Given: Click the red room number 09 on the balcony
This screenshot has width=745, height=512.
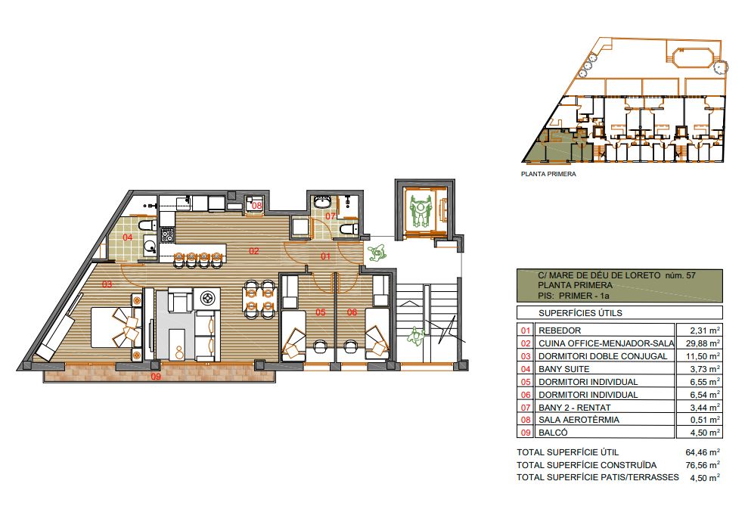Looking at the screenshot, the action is [x=156, y=377].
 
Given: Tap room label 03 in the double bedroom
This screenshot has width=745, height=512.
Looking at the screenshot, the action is [x=107, y=284].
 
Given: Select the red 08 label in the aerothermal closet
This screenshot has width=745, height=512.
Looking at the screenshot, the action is [x=256, y=206].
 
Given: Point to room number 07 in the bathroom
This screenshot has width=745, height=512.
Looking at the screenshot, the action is [x=331, y=216].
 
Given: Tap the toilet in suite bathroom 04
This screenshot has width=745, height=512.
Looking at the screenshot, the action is [x=147, y=225].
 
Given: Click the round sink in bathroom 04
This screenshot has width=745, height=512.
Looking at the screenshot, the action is [x=151, y=246].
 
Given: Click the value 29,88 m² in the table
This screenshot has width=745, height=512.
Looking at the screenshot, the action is [x=705, y=343].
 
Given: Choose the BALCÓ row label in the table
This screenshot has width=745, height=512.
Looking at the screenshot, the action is [x=553, y=433].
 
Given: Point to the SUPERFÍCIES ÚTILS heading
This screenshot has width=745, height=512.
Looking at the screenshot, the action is [x=580, y=313].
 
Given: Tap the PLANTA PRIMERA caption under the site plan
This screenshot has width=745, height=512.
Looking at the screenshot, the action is [x=548, y=174].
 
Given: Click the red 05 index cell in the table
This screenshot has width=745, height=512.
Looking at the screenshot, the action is [x=526, y=382].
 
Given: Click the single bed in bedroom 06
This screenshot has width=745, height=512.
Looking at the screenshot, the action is [x=377, y=335].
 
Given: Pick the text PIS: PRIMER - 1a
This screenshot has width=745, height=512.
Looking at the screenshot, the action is [x=573, y=296].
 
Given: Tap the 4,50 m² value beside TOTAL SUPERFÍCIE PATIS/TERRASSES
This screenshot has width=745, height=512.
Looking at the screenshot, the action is [x=705, y=478].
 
